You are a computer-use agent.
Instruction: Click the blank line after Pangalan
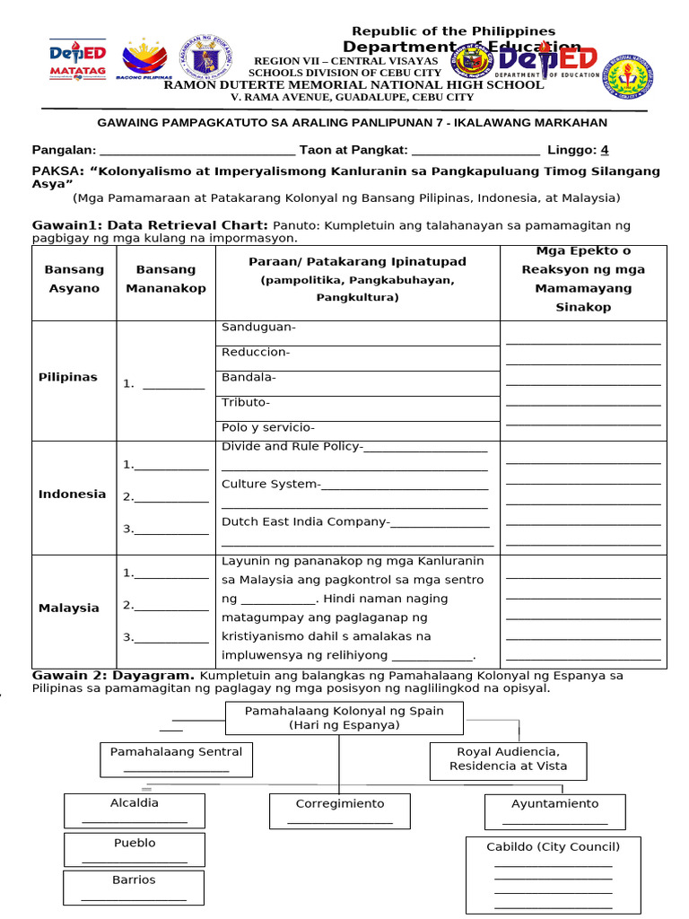point(196,151)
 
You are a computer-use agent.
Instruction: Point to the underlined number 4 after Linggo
point(605,150)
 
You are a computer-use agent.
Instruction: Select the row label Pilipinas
point(68,377)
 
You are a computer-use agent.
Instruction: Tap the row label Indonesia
point(72,494)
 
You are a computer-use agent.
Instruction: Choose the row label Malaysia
point(69,608)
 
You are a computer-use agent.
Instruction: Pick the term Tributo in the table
point(246,402)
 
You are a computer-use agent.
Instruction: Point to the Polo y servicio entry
point(267,427)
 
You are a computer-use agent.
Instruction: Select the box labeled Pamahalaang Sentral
point(176,759)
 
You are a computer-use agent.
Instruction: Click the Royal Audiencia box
point(509,759)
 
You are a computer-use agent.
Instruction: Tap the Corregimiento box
point(340,810)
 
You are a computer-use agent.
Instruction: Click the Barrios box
point(134,887)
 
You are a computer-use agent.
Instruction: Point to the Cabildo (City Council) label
point(553,846)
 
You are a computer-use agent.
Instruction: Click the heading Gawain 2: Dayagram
point(113,675)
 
